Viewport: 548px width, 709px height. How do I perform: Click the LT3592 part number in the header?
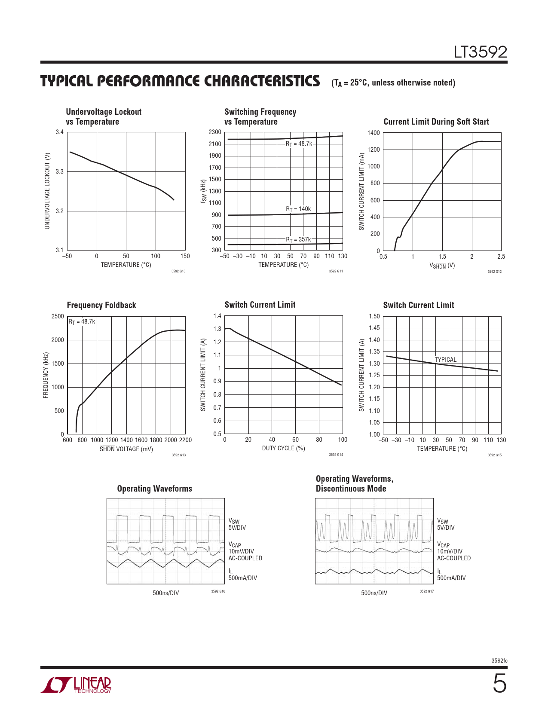pyautogui.click(x=480, y=52)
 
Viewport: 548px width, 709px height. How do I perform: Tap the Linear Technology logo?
pyautogui.click(x=76, y=685)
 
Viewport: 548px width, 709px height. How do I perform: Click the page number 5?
pyautogui.click(x=499, y=684)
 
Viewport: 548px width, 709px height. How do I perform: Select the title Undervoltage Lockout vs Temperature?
pyautogui.click(x=104, y=117)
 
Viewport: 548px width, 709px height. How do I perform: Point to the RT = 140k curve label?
pyautogui.click(x=298, y=209)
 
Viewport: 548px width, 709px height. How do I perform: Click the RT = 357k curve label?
pyautogui.click(x=298, y=240)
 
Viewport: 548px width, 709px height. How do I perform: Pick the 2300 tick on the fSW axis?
pyautogui.click(x=215, y=132)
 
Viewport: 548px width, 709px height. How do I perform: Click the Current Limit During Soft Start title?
pyautogui.click(x=436, y=122)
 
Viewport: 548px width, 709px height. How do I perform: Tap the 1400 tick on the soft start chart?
pyautogui.click(x=373, y=133)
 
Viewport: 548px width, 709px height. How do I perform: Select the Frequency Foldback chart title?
pyautogui.click(x=101, y=306)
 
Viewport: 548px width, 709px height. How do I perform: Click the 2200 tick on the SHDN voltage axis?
pyautogui.click(x=185, y=440)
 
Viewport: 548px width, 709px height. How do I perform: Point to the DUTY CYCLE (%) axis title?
pyautogui.click(x=283, y=448)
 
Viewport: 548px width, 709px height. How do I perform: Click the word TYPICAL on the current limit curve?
pyautogui.click(x=446, y=360)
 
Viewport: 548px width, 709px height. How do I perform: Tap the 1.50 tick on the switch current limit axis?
pyautogui.click(x=374, y=316)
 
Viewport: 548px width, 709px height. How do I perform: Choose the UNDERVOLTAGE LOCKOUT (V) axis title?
pyautogui.click(x=47, y=191)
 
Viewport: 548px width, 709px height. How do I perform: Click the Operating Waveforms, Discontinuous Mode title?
pyautogui.click(x=355, y=484)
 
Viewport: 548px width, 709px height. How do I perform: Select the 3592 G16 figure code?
pyautogui.click(x=218, y=592)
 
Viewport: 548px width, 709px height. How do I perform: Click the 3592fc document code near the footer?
pyautogui.click(x=499, y=661)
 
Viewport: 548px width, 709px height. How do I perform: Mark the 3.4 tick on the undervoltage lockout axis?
pyautogui.click(x=59, y=132)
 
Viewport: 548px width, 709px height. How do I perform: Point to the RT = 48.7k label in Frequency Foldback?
pyautogui.click(x=82, y=322)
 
